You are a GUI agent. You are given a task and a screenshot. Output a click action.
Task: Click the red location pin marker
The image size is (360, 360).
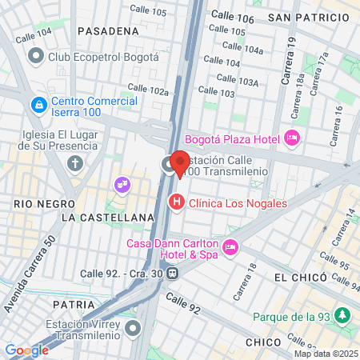pyautogui.click(x=180, y=162)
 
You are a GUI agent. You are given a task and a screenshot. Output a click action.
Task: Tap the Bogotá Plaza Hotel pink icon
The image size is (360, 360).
pyautogui.click(x=292, y=138)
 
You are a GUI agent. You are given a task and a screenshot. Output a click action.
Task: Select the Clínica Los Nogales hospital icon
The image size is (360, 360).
pyautogui.click(x=176, y=203)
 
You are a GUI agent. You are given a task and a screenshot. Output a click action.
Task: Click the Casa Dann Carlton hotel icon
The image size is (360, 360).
pyautogui.click(x=231, y=246)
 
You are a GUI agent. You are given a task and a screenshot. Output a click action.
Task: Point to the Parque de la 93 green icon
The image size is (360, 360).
pyautogui.click(x=343, y=315)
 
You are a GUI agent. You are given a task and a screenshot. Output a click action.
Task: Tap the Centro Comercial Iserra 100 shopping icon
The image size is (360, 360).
pyautogui.click(x=38, y=105)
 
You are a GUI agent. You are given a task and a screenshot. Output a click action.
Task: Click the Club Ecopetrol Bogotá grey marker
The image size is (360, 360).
pyautogui.click(x=35, y=57)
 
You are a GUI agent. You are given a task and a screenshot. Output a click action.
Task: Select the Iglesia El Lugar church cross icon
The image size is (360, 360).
pyautogui.click(x=76, y=164)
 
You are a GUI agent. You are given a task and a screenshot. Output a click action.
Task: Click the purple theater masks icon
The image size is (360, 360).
pyautogui.click(x=122, y=185)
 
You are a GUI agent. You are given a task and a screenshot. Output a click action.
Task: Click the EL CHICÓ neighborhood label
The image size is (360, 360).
pyautogui.click(x=300, y=277)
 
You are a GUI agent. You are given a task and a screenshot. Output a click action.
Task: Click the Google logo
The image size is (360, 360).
pyautogui.click(x=26, y=350)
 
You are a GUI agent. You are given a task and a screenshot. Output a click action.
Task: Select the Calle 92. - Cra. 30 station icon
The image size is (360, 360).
pyautogui.click(x=173, y=273)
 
